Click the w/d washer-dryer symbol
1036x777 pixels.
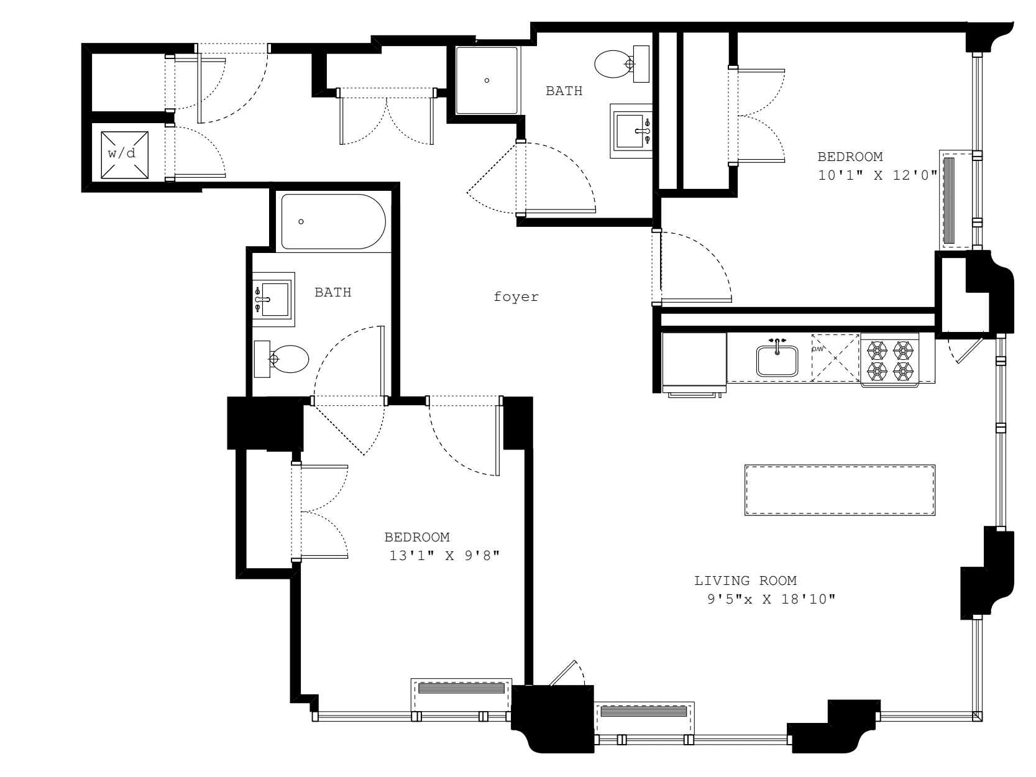(126, 153)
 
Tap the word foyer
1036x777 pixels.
(516, 297)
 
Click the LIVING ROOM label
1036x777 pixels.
(745, 581)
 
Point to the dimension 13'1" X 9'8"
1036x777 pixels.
(444, 556)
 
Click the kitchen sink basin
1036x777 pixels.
(777, 361)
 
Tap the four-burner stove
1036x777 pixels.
(889, 361)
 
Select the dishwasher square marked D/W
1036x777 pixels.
(835, 357)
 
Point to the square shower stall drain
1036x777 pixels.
(487, 80)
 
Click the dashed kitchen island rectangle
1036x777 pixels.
(840, 490)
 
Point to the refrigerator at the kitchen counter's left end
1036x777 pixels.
(694, 362)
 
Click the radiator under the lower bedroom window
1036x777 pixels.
(461, 689)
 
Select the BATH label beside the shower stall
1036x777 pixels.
(564, 91)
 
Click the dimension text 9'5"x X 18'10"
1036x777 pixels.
(767, 600)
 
